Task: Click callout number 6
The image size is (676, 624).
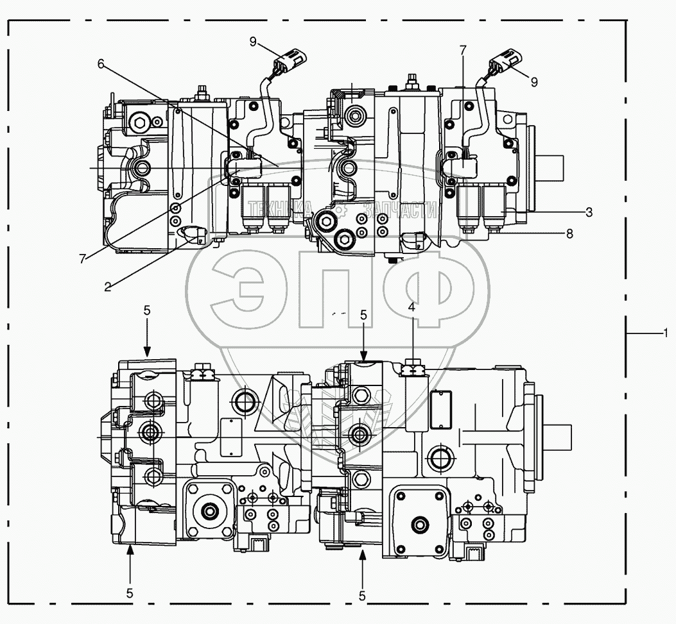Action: tap(101, 64)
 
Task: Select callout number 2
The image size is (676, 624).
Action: tap(107, 287)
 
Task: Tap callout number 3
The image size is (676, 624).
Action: tap(589, 212)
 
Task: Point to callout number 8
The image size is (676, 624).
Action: tap(569, 234)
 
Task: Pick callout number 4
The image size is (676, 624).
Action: tap(412, 307)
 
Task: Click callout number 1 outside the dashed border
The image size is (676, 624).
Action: tap(666, 333)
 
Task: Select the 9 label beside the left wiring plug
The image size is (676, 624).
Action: tap(253, 42)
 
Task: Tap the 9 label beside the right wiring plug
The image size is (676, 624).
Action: tap(534, 82)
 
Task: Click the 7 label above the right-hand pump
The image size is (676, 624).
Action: tap(463, 51)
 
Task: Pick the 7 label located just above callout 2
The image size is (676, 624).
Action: tap(82, 259)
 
